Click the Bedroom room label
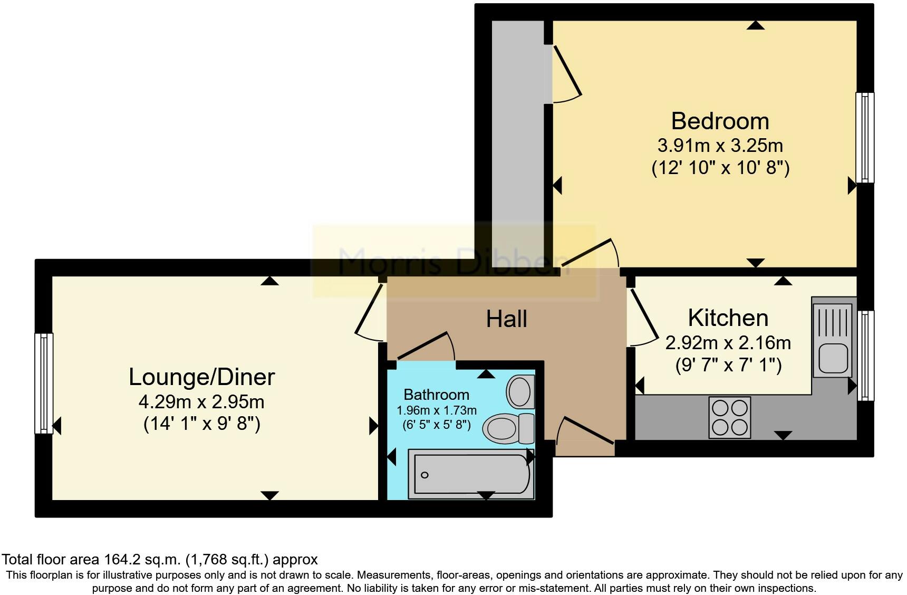pyautogui.click(x=720, y=121)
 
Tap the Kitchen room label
pyautogui.click(x=728, y=318)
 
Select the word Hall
pyautogui.click(x=506, y=319)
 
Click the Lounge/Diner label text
pyautogui.click(x=202, y=377)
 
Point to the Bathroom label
pyautogui.click(x=436, y=395)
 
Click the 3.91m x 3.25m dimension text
pyautogui.click(x=720, y=146)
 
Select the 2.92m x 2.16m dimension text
pyautogui.click(x=728, y=343)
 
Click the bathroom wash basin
pyautogui.click(x=520, y=391)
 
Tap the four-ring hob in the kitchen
pyautogui.click(x=730, y=417)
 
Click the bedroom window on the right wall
pyautogui.click(x=865, y=138)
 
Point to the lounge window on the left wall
pyautogui.click(x=44, y=383)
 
